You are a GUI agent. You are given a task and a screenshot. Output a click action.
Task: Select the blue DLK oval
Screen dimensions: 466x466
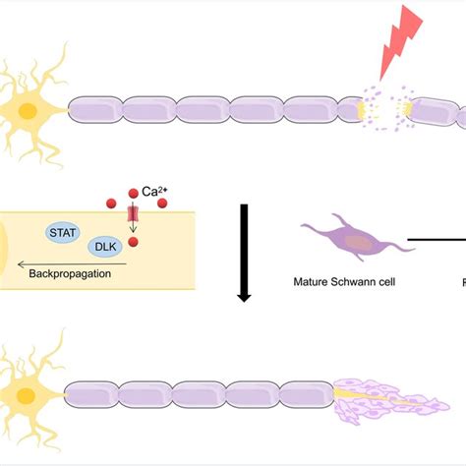point(105,248)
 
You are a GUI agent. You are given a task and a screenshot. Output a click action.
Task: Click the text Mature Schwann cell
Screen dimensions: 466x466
point(340,281)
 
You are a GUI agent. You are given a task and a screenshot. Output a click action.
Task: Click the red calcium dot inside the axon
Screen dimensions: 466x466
point(134,242)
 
